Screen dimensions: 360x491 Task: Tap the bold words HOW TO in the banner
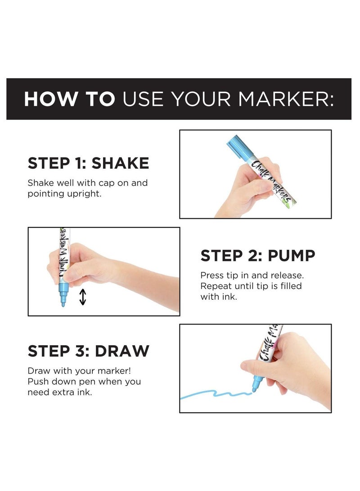click(x=69, y=99)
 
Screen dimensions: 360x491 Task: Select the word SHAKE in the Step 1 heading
click(x=120, y=163)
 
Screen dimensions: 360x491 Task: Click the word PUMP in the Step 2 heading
click(x=292, y=256)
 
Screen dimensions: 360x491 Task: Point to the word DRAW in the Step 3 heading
click(x=122, y=351)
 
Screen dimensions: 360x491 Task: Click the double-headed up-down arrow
click(x=83, y=297)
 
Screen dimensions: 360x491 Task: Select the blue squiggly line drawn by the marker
click(x=216, y=394)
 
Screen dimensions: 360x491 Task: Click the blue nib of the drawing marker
click(x=256, y=384)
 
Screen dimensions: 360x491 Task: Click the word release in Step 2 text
click(x=287, y=275)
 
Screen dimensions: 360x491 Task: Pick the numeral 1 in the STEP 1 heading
click(x=78, y=163)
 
